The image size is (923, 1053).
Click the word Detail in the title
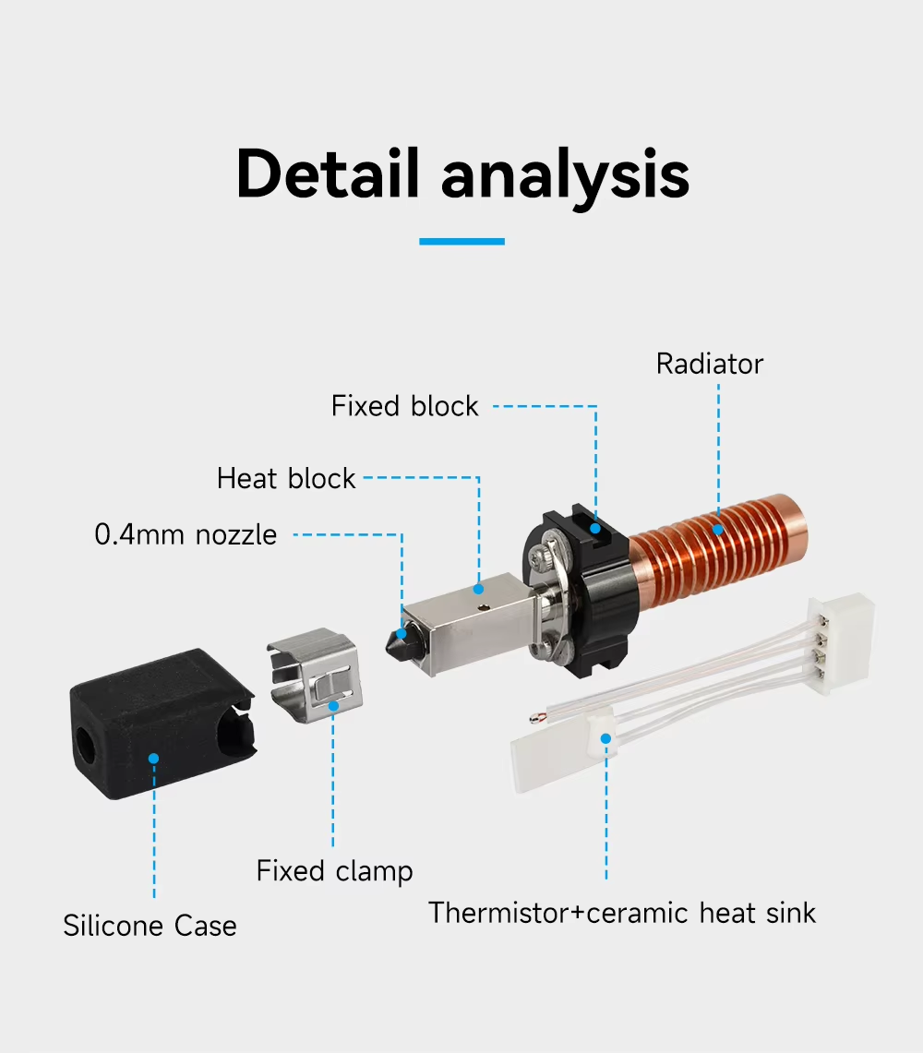328,174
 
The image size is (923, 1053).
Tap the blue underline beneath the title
461,241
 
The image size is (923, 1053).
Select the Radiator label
710,364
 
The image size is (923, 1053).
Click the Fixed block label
404,406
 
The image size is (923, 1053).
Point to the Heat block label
285,478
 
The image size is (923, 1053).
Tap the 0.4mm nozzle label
186,534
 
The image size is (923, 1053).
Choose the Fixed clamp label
334,871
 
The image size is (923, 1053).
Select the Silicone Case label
150,926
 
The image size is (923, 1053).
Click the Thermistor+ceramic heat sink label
622,914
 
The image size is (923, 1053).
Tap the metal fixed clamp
315,675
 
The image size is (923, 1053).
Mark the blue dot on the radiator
717,529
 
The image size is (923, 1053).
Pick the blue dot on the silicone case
154,759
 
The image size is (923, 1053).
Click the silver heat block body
470,624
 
